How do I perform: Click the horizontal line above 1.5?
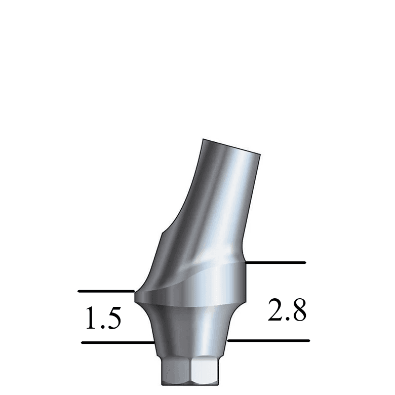pos(105,291)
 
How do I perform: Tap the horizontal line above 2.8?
pos(275,262)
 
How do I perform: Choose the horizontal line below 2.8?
pos(268,340)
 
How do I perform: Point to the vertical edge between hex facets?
pos(191,372)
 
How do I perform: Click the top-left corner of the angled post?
pos(203,139)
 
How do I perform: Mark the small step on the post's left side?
pos(162,233)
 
